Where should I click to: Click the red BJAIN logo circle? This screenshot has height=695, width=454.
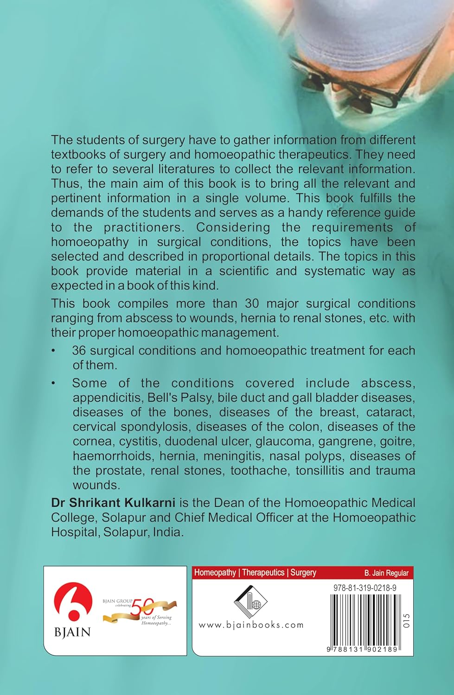73,603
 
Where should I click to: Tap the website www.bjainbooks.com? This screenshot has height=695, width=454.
251,625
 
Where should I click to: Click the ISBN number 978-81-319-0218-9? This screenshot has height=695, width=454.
364,588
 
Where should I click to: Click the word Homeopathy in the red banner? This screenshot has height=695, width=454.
215,573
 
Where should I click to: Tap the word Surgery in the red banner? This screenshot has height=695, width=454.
303,573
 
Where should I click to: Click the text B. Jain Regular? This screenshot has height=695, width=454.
386,573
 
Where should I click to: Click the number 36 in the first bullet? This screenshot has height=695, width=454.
79,351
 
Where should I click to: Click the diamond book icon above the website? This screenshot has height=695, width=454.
250,601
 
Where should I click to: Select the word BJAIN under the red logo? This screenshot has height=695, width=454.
72,632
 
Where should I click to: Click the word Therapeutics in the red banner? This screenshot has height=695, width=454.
263,573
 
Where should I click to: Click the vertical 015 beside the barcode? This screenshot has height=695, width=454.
407,621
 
